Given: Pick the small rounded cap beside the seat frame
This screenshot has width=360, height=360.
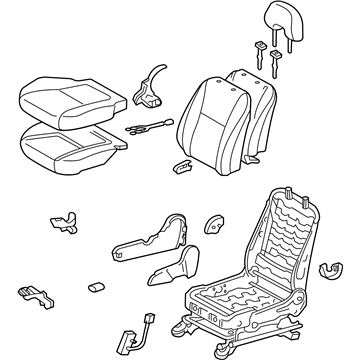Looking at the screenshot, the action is coord(213,226).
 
